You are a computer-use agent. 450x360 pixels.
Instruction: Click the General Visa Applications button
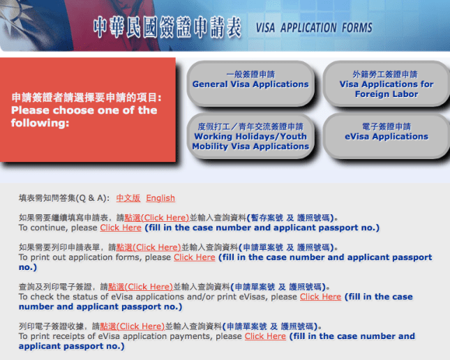click(250, 80)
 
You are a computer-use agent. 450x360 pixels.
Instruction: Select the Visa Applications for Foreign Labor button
click(386, 84)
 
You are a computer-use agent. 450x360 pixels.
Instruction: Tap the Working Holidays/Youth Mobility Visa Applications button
click(250, 137)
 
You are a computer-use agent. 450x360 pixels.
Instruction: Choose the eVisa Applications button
click(386, 133)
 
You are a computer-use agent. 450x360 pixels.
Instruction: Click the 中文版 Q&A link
click(128, 198)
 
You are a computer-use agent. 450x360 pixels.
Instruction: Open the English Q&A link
click(160, 198)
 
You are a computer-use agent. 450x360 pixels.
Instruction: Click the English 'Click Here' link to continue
click(121, 227)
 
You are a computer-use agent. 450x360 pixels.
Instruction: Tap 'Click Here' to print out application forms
click(194, 257)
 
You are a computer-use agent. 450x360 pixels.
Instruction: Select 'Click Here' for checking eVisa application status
click(320, 297)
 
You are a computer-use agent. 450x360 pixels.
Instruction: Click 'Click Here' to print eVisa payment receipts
click(265, 336)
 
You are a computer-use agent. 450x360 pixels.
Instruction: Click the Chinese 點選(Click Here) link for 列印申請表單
click(148, 248)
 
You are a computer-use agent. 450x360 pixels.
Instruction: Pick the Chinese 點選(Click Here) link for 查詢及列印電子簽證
click(140, 287)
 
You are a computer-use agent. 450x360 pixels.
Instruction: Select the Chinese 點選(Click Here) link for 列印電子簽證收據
click(132, 327)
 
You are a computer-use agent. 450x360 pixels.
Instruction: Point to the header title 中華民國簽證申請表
click(167, 28)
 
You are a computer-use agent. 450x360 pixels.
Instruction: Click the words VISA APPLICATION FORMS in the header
click(314, 29)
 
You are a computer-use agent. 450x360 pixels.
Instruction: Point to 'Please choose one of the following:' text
click(84, 117)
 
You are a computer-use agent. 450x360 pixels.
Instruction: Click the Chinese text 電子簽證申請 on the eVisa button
click(386, 127)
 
